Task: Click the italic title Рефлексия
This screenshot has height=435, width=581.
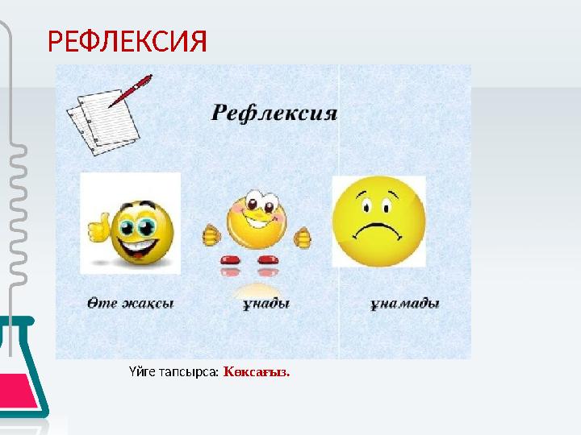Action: coord(274,113)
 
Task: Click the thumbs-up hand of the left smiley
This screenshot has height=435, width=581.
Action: coord(98,229)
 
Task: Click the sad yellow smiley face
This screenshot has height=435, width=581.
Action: coord(378,222)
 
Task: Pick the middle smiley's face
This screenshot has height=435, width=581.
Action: coord(256,217)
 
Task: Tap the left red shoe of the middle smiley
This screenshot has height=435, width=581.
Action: coord(230,260)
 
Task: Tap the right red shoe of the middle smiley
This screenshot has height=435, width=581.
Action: coord(269,260)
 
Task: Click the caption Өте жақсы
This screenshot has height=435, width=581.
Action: coord(131,304)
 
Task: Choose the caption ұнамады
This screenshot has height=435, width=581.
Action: coord(404,304)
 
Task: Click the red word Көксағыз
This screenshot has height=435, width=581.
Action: coord(257,372)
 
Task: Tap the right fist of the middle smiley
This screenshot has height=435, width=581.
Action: coord(303,237)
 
